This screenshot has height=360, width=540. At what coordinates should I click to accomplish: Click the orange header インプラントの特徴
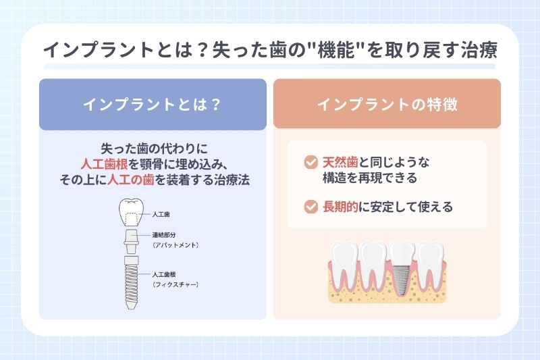387,105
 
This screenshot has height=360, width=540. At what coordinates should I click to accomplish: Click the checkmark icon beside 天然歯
310,163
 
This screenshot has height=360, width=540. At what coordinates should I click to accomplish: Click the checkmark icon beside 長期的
310,207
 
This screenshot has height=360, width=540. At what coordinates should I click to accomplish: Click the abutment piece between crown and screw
131,239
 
